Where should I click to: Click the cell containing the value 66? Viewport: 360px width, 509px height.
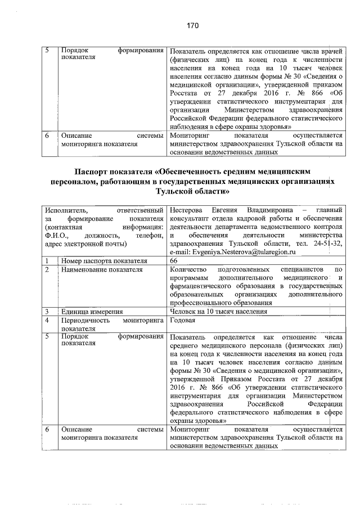pos(174,261)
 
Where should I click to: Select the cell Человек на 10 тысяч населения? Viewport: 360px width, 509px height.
pos(218,311)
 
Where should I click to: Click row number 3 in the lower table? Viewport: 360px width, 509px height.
pos(48,311)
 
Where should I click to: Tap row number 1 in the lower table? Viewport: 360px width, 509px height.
pos(48,261)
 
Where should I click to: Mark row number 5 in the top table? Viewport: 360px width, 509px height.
pos(48,50)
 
